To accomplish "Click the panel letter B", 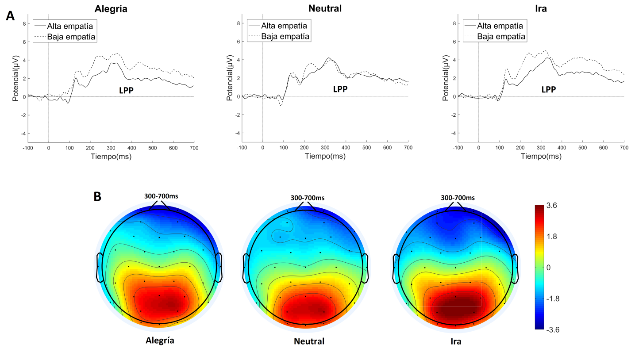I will coord(98,196).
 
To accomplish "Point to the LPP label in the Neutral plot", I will coord(340,89).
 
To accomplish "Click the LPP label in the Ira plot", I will coord(549,89).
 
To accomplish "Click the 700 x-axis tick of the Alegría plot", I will coord(194,147).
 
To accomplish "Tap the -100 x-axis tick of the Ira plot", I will coord(458,147).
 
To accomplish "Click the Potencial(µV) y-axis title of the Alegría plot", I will coord(15,78).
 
